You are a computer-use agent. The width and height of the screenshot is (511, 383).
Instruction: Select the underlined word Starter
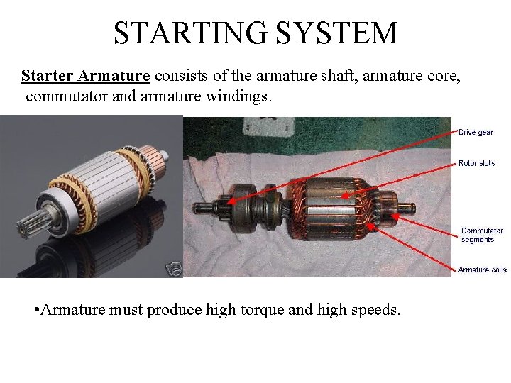[x=47, y=76]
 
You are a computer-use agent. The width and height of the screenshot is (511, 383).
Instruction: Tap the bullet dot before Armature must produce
[x=36, y=310]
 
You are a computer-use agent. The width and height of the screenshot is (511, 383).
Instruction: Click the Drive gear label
[x=476, y=132]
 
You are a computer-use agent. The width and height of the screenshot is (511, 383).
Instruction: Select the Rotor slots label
[x=476, y=163]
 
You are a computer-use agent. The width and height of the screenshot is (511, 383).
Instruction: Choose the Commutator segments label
[x=482, y=235]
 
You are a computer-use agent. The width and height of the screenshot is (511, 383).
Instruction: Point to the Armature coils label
[x=482, y=270]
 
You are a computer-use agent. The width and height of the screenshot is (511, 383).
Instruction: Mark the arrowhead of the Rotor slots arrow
[x=344, y=194]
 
